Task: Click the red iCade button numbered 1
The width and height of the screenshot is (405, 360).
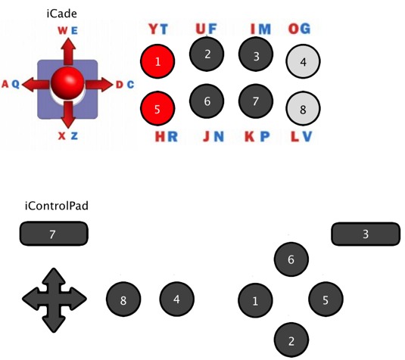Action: [157, 61]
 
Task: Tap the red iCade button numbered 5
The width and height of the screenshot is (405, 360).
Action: [157, 109]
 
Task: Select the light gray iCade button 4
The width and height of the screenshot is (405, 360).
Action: [303, 61]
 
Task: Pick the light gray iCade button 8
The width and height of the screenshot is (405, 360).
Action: [303, 109]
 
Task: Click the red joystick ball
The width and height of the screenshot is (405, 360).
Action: [67, 83]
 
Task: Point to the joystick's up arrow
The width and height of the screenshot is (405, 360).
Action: [68, 51]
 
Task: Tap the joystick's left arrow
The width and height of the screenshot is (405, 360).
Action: [36, 84]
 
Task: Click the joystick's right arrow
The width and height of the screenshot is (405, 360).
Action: [99, 85]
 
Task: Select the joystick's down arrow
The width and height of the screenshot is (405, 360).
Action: [68, 115]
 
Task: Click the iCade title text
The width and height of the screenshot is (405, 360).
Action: [62, 14]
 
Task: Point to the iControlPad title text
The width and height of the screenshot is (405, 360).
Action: [57, 206]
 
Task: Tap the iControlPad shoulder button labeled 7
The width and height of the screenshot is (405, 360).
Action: [54, 234]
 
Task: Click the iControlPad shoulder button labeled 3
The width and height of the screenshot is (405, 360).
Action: [366, 234]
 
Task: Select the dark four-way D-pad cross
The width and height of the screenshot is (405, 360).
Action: [54, 300]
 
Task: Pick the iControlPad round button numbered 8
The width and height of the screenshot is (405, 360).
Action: [123, 299]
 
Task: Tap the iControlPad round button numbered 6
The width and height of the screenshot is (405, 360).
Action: [291, 259]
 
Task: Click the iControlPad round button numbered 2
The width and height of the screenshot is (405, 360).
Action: [291, 340]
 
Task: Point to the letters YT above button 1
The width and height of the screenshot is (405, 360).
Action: [158, 29]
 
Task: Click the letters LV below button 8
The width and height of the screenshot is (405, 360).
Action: [301, 137]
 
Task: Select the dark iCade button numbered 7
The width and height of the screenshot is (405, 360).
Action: [256, 101]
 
